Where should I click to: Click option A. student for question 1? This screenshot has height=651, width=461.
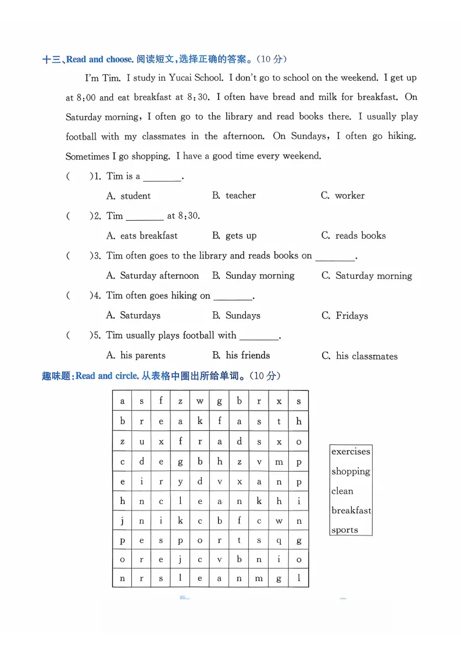tap(128, 196)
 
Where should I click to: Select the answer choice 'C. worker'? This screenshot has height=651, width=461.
tap(343, 196)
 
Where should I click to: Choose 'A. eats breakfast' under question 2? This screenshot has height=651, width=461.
tap(142, 236)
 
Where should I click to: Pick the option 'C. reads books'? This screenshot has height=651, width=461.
tap(353, 236)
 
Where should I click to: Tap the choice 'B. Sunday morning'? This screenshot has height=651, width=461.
tap(253, 276)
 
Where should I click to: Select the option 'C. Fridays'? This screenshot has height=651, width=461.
tap(345, 316)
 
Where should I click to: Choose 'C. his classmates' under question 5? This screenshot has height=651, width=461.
tap(359, 356)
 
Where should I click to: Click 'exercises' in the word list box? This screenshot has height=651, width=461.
tap(351, 452)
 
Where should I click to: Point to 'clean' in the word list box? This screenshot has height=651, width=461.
tap(342, 491)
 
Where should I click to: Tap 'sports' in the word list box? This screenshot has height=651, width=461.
tap(345, 530)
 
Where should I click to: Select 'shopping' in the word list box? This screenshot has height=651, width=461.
tap(351, 472)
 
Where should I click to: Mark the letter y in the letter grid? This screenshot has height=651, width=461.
tap(181, 481)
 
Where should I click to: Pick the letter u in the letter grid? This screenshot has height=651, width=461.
tap(142, 442)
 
